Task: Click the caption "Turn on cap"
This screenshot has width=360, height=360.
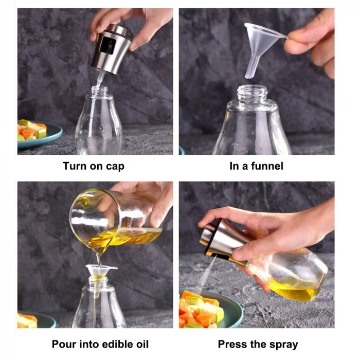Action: point(94,166)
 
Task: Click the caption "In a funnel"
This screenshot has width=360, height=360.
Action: point(256,166)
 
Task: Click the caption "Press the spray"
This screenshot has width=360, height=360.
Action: point(258,344)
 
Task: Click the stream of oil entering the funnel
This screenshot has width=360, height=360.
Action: point(99,257)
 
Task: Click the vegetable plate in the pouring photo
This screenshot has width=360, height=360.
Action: point(34,320)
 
